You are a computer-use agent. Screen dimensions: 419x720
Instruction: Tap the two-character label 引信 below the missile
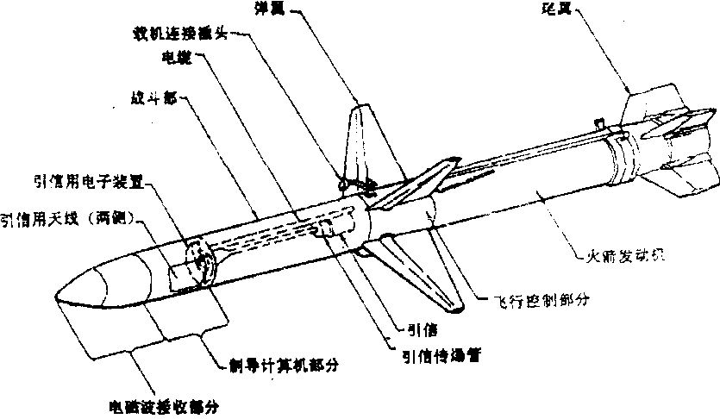423,328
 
